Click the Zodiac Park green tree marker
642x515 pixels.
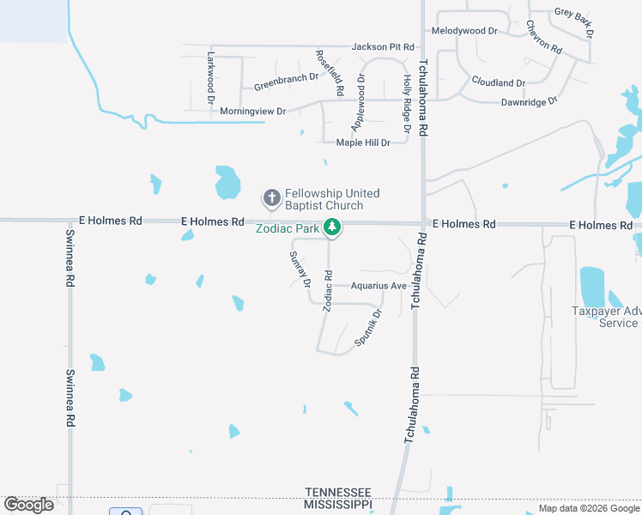point(332,228)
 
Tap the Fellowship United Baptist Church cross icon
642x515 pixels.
point(271,199)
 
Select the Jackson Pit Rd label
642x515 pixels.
point(383,46)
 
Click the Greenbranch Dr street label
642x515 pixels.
point(286,82)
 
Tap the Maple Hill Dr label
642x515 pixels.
point(363,142)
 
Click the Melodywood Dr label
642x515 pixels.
point(464,30)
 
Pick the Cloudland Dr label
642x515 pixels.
point(498,82)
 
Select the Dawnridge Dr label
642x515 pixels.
point(530,101)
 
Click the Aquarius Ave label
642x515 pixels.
point(379,286)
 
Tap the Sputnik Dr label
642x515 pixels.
point(367,328)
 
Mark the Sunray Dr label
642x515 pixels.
point(300,269)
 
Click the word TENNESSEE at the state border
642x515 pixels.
point(338,491)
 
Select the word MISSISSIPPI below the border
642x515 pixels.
point(338,505)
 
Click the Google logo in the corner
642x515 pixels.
point(28,505)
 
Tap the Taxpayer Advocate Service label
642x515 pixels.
point(606,318)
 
